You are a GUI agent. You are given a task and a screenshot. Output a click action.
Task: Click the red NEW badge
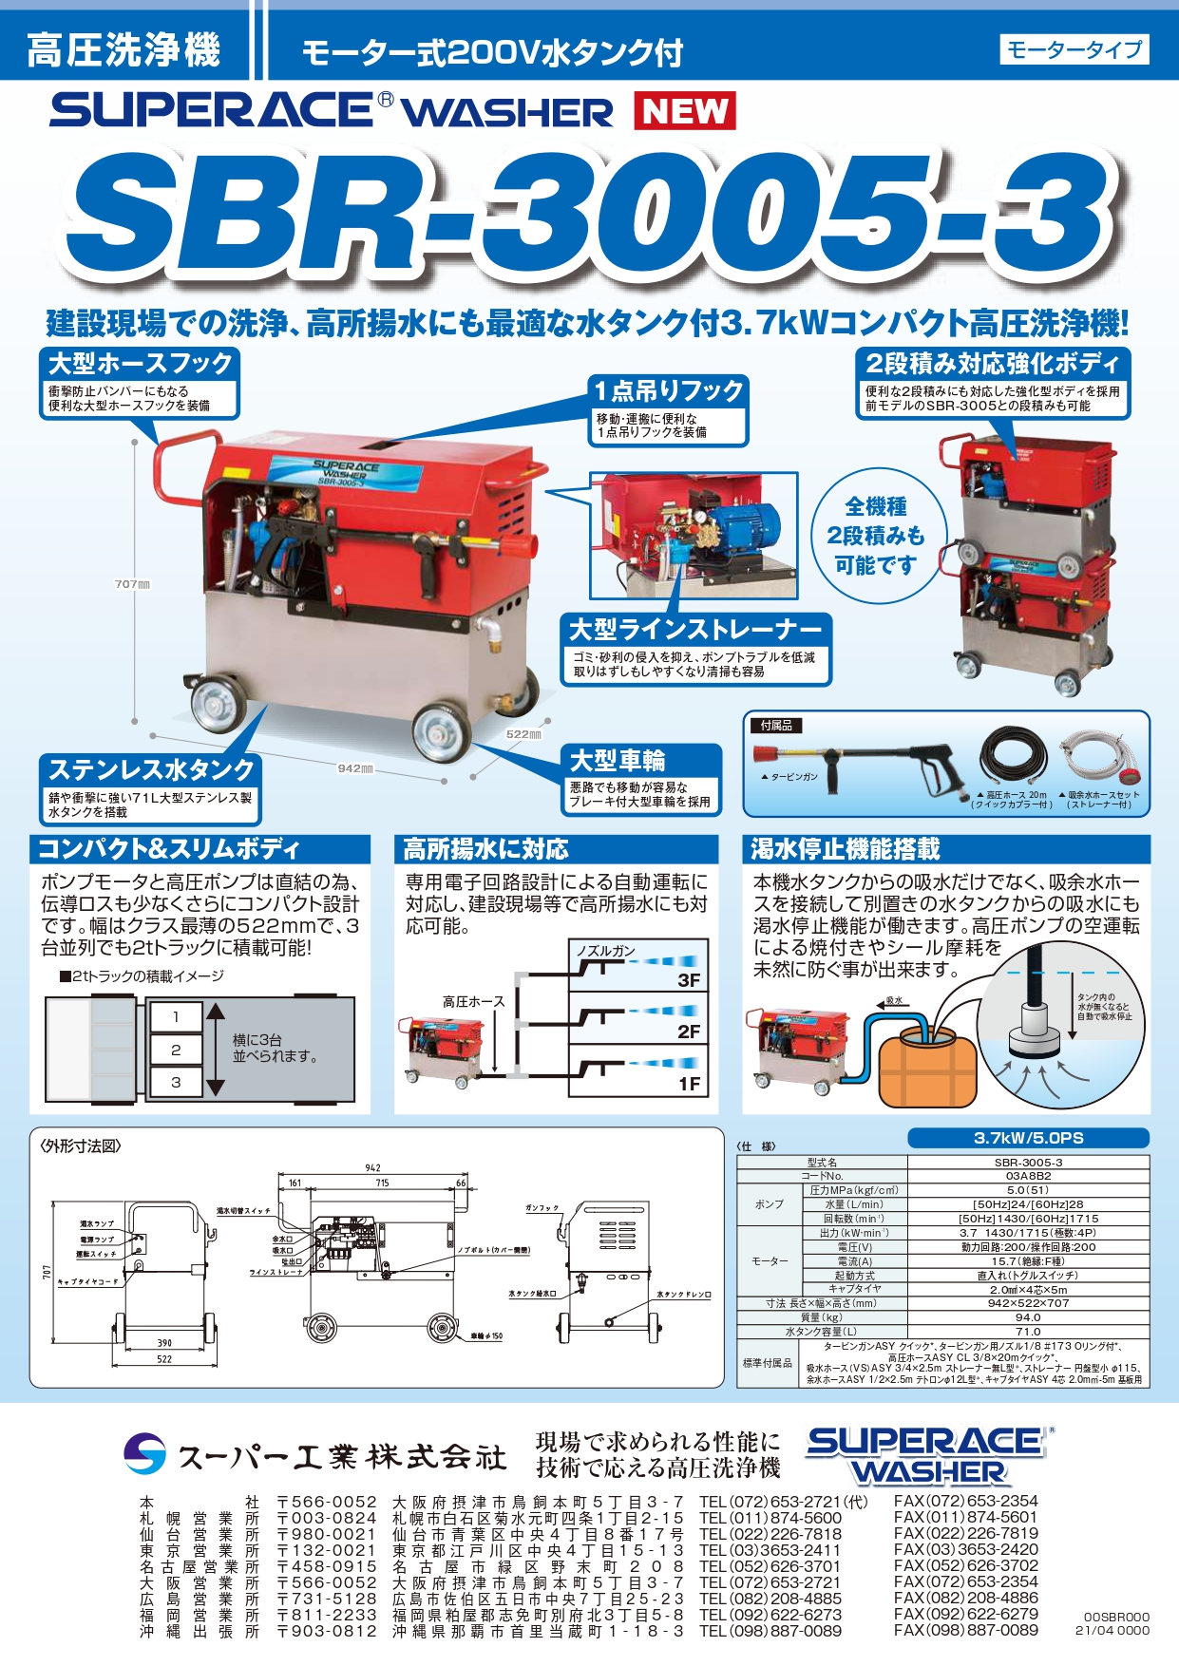[x=684, y=111]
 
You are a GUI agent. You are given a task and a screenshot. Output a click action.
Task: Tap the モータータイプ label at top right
[x=1074, y=49]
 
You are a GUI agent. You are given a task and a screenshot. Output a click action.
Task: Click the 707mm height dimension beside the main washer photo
[x=132, y=584]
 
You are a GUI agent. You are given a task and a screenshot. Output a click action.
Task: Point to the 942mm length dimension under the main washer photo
[x=355, y=767]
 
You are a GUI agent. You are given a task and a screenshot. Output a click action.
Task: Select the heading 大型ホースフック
[x=141, y=364]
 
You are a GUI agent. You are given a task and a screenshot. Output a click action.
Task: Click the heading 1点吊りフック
[x=669, y=390]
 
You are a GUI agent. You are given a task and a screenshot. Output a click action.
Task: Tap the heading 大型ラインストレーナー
[x=694, y=630]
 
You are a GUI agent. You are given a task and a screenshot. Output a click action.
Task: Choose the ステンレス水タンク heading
[x=151, y=769]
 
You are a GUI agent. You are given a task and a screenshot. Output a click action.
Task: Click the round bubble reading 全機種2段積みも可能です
[x=875, y=536]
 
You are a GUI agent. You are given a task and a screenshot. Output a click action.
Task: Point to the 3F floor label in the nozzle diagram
[x=689, y=980]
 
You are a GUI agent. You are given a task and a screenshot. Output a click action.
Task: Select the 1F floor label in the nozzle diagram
[x=689, y=1084]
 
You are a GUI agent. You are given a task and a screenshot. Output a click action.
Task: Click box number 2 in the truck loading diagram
[x=176, y=1050]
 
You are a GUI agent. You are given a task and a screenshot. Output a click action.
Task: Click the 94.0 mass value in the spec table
[x=1028, y=1317]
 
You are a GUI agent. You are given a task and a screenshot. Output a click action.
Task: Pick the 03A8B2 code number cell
[x=1028, y=1176]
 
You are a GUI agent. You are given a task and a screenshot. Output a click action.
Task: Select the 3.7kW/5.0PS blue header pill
[x=1028, y=1138]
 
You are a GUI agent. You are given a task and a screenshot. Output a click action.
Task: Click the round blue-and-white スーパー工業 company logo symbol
[x=144, y=1453]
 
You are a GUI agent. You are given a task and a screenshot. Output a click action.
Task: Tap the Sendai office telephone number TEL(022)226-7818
[x=770, y=1534]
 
